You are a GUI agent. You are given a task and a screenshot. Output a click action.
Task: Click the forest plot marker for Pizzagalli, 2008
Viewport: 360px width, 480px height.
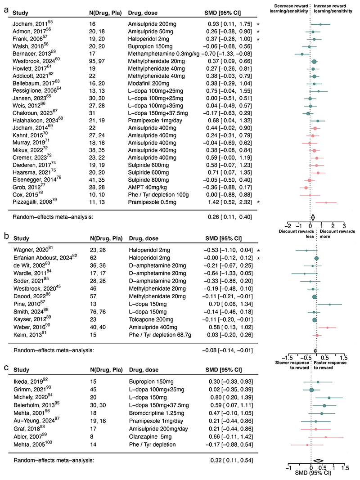(x=326, y=202)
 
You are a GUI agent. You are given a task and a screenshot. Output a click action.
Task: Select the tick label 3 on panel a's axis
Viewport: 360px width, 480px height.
(x=344, y=225)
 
